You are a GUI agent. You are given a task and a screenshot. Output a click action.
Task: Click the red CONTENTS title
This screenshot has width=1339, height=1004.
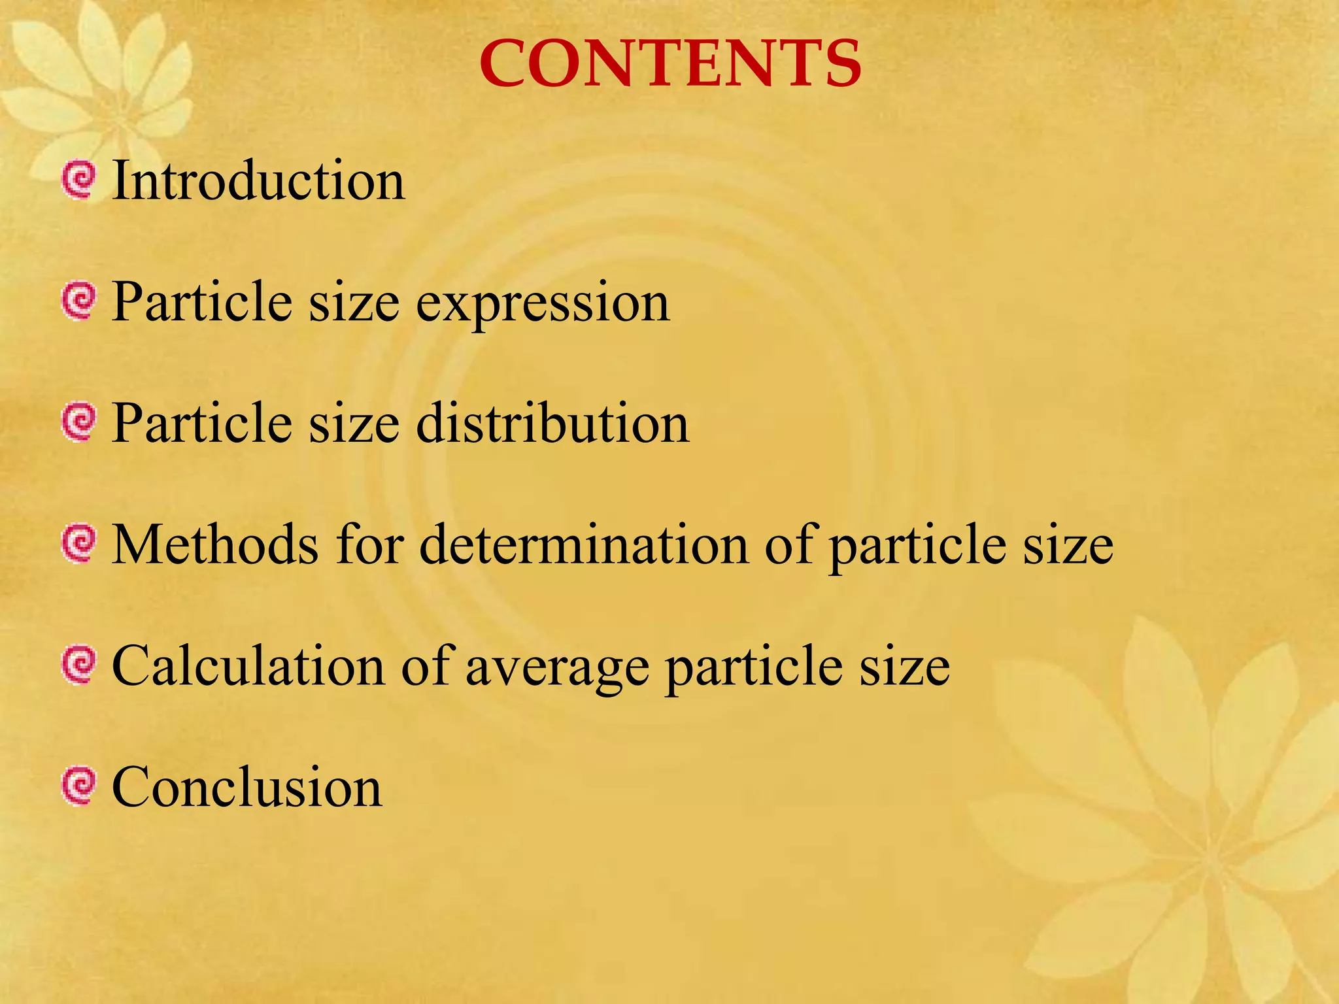pos(670,63)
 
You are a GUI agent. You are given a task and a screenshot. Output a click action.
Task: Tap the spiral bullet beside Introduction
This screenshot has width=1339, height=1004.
pos(79,180)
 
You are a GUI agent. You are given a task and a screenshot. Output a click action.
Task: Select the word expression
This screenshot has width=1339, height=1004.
pos(543,303)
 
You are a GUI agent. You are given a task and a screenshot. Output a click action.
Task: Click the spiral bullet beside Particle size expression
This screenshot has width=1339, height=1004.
pos(79,301)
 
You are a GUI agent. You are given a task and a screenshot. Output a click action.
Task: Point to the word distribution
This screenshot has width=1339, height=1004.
pos(552,423)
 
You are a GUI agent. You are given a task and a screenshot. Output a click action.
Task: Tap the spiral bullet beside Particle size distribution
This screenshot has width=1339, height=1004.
pos(79,422)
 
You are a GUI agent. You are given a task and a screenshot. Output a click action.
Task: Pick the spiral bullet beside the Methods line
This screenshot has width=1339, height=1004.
pos(79,544)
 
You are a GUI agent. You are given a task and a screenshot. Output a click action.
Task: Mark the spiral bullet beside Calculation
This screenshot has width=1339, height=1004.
pos(79,665)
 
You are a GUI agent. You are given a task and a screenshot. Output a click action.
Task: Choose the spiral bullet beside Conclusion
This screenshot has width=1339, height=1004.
pos(79,786)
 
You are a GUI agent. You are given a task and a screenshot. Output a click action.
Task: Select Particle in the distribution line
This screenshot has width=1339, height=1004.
pos(201,423)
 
